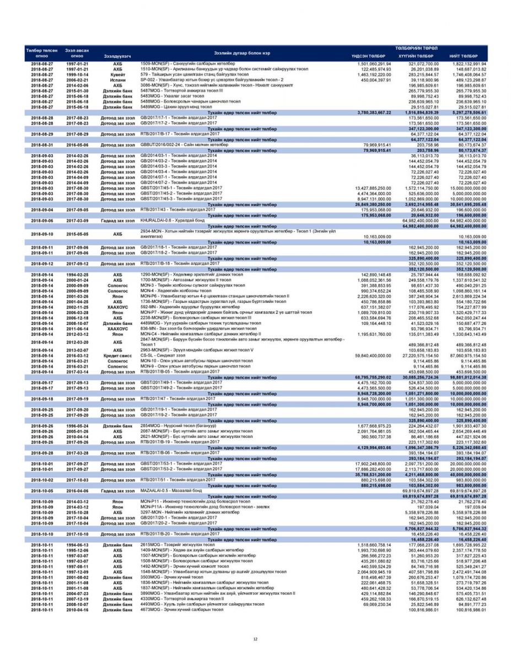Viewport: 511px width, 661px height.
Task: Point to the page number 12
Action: (x=255, y=639)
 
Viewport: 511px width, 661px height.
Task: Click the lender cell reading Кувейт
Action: (x=117, y=74)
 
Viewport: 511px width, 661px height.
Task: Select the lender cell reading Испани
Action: (x=117, y=79)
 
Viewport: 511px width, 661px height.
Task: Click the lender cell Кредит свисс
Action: (x=117, y=341)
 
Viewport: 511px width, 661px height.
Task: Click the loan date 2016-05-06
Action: (x=78, y=145)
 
